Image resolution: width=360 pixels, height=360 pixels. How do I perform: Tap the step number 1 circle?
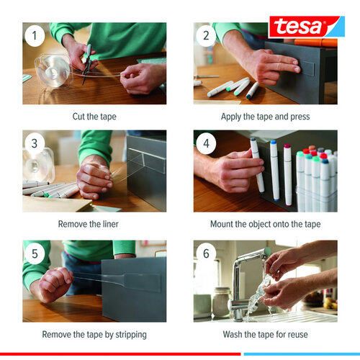point(35,35)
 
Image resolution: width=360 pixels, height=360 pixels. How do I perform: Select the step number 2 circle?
point(206,35)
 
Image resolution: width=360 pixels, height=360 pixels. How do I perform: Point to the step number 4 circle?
point(206,143)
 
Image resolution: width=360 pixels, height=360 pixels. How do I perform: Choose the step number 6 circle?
point(206,253)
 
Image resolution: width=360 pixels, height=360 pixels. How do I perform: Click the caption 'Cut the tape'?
point(94,116)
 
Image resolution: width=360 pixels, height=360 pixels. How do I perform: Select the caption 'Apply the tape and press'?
point(266,116)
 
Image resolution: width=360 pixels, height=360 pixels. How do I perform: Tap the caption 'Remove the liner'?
point(94,224)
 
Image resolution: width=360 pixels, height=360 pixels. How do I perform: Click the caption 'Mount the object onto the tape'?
point(266,224)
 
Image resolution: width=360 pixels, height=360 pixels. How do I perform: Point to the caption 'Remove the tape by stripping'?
point(94,334)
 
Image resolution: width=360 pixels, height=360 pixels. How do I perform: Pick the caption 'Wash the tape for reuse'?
point(266,334)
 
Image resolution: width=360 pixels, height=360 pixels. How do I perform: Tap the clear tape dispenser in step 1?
point(51,71)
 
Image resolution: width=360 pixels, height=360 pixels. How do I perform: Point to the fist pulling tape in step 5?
point(51,284)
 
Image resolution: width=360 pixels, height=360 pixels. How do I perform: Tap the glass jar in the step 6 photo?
point(221,302)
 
